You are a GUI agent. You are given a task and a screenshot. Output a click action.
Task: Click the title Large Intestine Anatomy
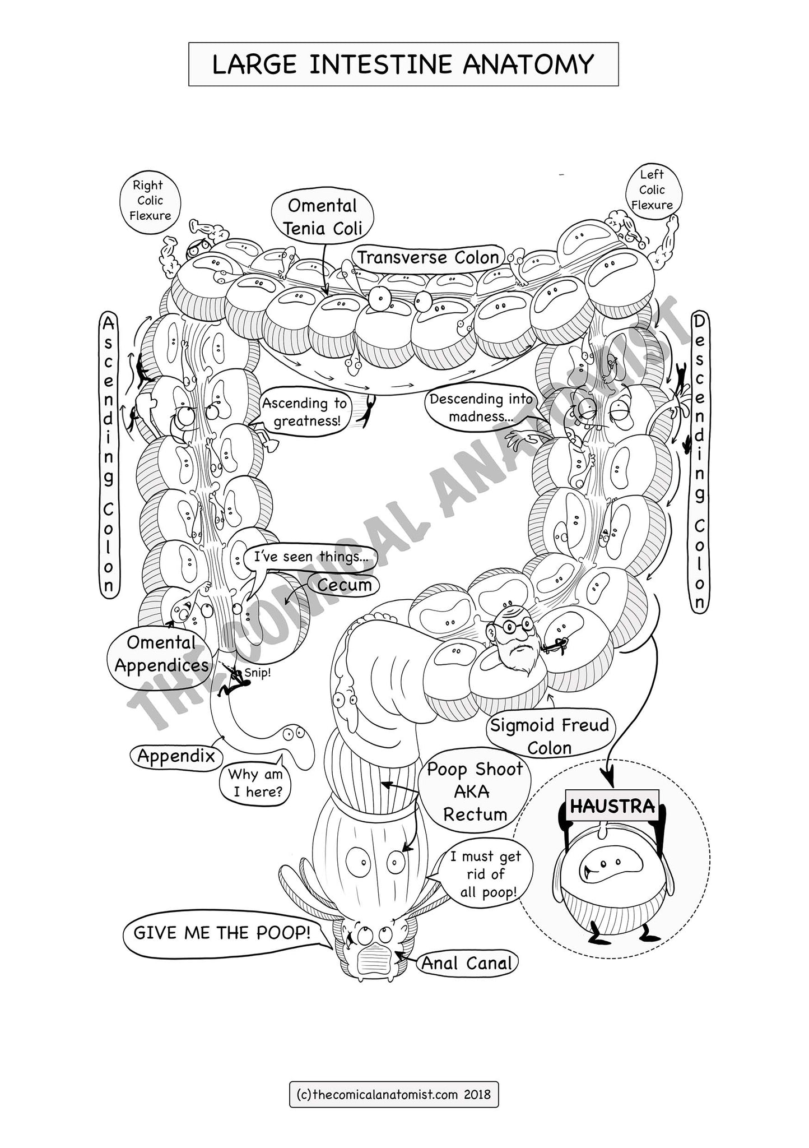coord(403,64)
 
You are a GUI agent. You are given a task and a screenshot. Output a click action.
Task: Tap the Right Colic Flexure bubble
coord(150,201)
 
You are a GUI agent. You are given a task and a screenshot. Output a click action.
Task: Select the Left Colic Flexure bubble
coord(652,190)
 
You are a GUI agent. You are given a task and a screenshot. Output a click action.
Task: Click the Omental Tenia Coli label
coord(322,216)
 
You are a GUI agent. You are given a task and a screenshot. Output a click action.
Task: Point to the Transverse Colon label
coord(428,258)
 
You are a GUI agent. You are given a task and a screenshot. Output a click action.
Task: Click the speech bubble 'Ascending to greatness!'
coord(304,411)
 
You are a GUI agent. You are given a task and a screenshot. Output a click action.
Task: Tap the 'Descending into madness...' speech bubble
coord(481,408)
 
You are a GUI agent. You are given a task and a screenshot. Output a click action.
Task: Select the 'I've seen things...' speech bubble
coord(309,557)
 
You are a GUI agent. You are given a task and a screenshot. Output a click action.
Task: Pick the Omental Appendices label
coord(161,654)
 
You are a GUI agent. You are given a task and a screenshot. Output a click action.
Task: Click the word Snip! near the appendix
coord(257,673)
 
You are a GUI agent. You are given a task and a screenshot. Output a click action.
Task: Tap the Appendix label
coord(176,756)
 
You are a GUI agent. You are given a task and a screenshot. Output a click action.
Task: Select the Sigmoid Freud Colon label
coord(549,736)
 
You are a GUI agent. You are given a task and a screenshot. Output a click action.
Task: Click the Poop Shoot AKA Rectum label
coord(474,791)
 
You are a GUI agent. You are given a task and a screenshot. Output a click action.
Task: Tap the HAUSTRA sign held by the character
coord(612,806)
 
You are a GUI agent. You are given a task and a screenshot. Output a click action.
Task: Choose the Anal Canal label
coord(467,963)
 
